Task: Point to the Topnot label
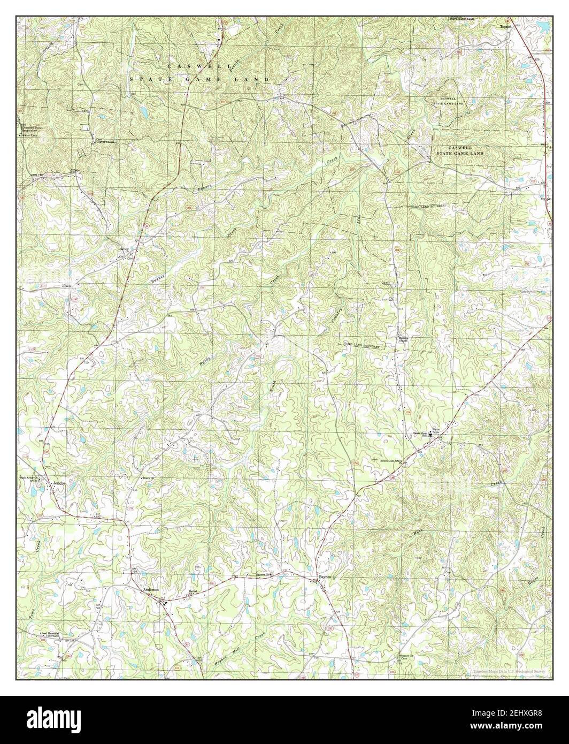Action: pyautogui.click(x=506, y=25)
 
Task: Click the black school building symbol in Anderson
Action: pyautogui.click(x=165, y=602)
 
